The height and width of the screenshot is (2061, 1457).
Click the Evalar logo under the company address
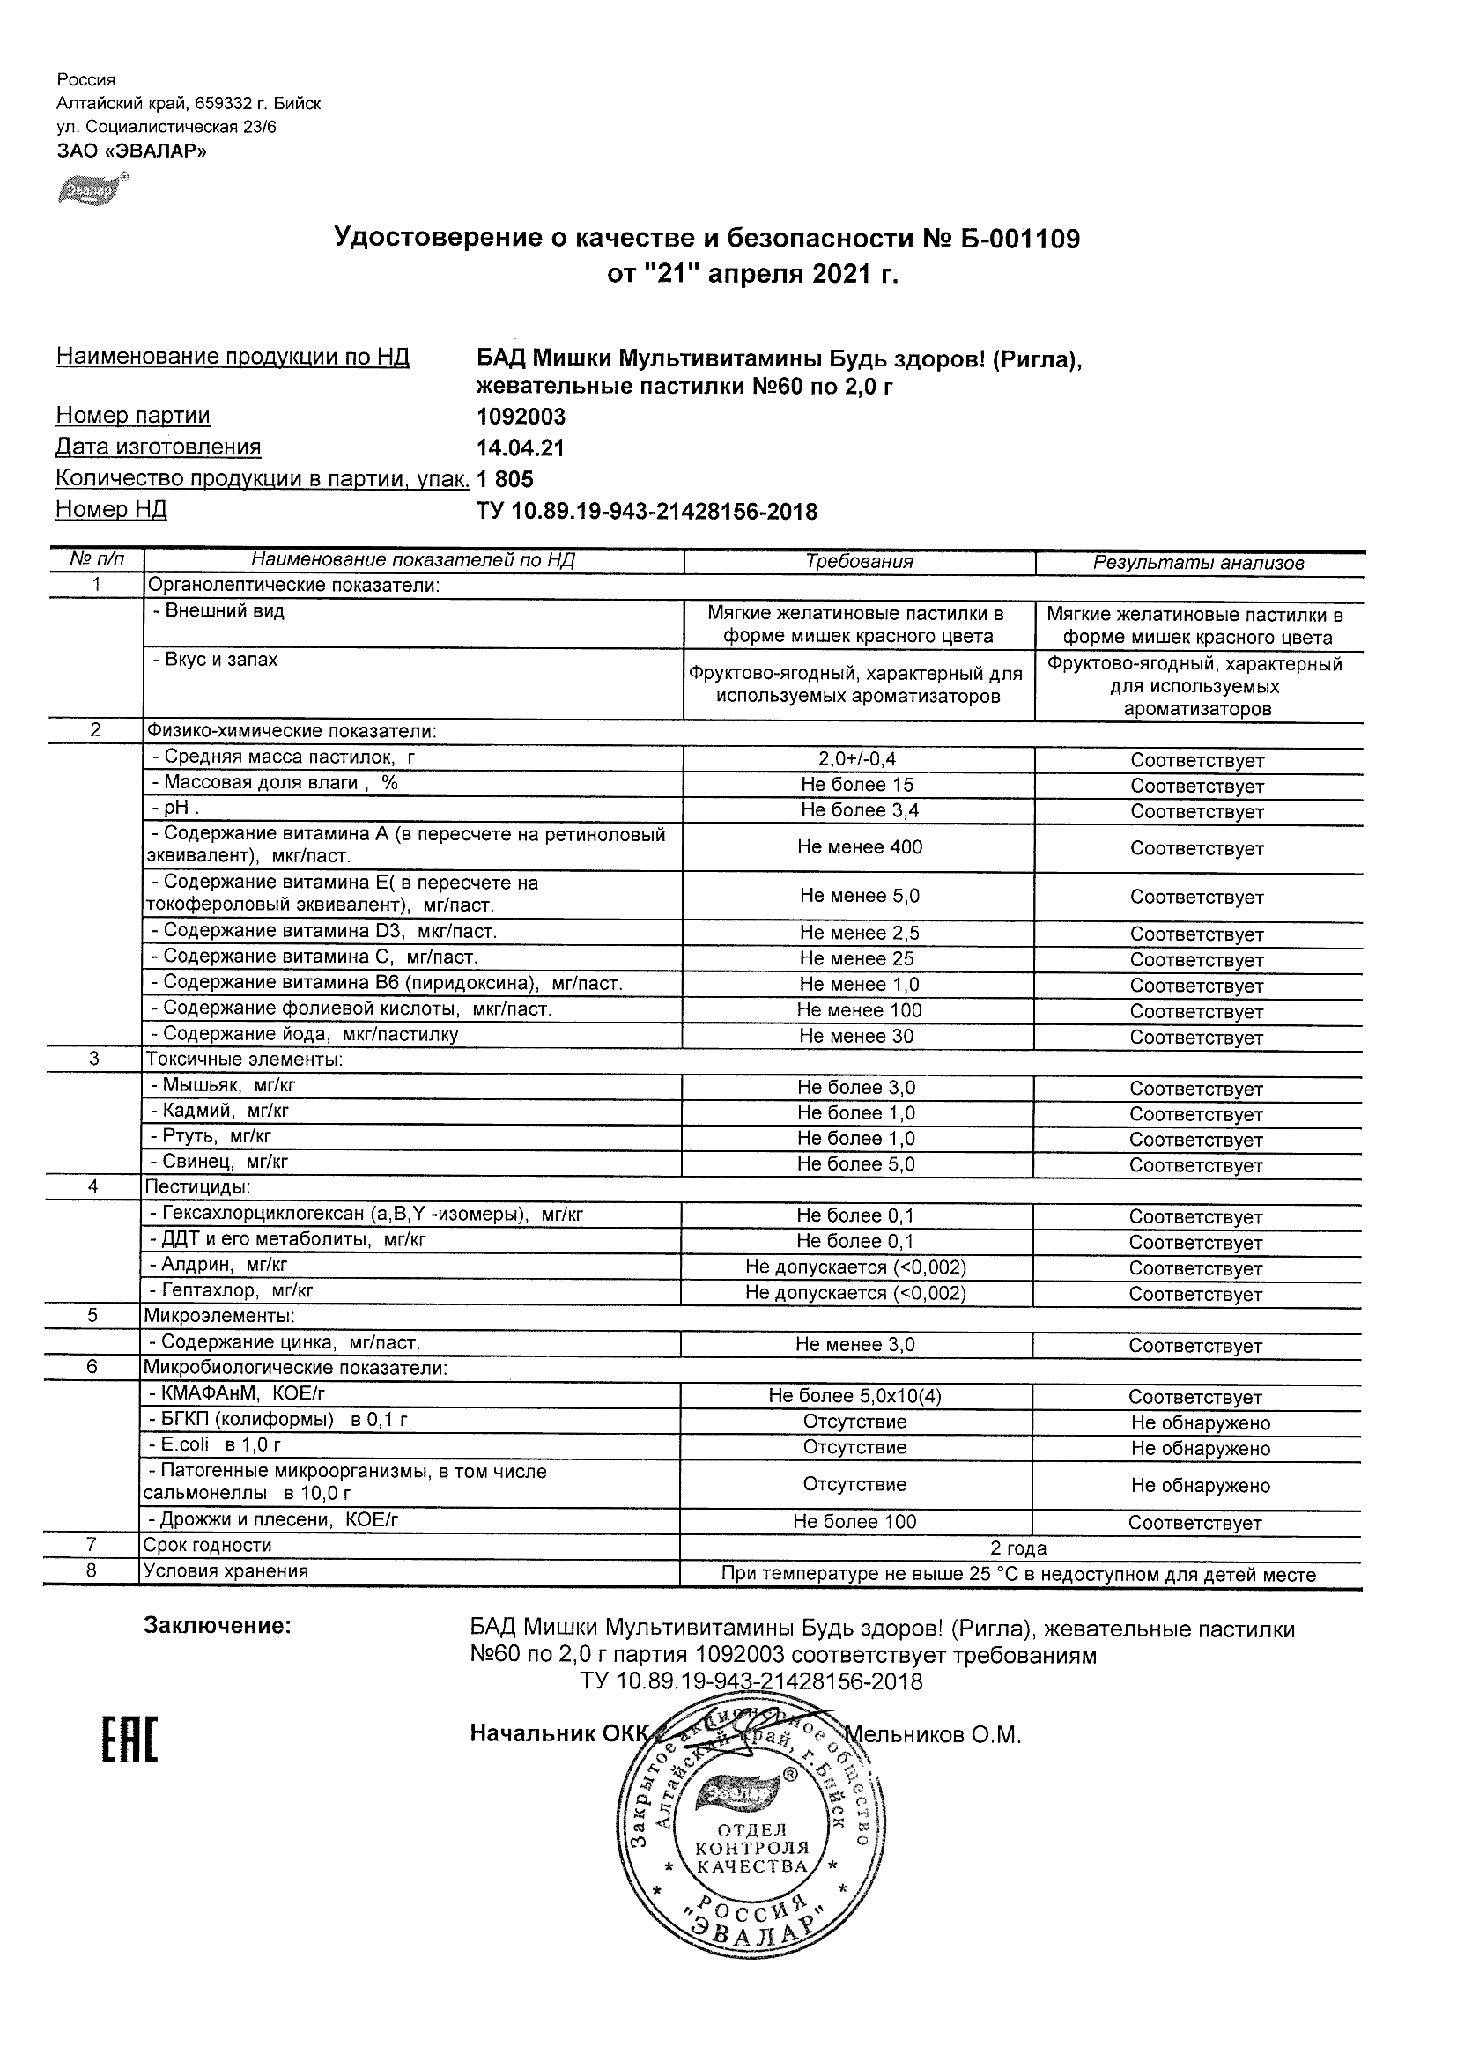91,189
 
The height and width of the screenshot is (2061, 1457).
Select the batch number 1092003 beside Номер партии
521,417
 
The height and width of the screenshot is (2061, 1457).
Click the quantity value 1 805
505,479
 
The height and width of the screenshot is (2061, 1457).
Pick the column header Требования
858,562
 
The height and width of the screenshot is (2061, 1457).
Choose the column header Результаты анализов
1197,563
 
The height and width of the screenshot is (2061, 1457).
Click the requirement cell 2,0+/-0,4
856,759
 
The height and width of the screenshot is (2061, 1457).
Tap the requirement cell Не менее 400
859,846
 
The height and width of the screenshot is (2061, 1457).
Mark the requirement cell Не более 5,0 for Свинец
855,1164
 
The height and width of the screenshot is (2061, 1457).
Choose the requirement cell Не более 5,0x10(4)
854,1396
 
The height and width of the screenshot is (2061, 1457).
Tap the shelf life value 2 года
1018,1548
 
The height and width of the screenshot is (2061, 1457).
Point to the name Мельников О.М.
933,1735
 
